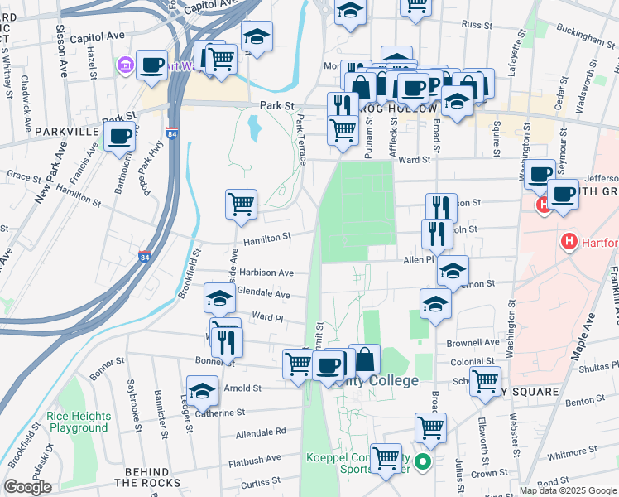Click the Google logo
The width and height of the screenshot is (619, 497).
27,486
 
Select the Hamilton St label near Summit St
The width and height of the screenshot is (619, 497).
267,236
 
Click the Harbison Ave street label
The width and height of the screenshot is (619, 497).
268,272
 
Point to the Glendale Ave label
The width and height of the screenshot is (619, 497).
263,294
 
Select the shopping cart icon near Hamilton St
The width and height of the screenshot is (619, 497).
241,202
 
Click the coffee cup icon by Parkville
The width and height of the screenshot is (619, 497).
121,136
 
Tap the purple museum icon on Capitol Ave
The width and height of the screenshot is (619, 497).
125,64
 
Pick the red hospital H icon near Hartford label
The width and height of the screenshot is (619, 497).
569,242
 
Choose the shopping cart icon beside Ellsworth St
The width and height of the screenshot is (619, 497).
485,381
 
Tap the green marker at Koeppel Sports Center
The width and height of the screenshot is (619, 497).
423,462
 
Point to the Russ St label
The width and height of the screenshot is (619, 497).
476,25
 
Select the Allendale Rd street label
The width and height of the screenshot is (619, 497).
260,432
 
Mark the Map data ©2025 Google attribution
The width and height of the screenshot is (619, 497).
568,490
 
